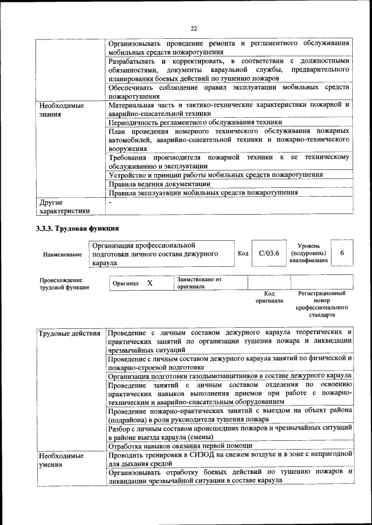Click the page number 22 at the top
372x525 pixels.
pyautogui.click(x=194, y=28)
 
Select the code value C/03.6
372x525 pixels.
pyautogui.click(x=269, y=254)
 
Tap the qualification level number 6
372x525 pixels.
pyautogui.click(x=342, y=254)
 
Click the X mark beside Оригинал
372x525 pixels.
pyautogui.click(x=149, y=283)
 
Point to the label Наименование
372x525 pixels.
pyautogui.click(x=62, y=255)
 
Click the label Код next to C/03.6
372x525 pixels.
pyautogui.click(x=243, y=254)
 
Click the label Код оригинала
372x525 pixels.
pyautogui.click(x=269, y=297)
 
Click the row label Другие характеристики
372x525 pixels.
pyautogui.click(x=64, y=207)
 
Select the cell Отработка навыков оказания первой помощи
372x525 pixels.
pyautogui.click(x=180, y=446)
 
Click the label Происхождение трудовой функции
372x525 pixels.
pyautogui.click(x=64, y=283)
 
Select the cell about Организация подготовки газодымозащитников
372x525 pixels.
pyautogui.click(x=228, y=376)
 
